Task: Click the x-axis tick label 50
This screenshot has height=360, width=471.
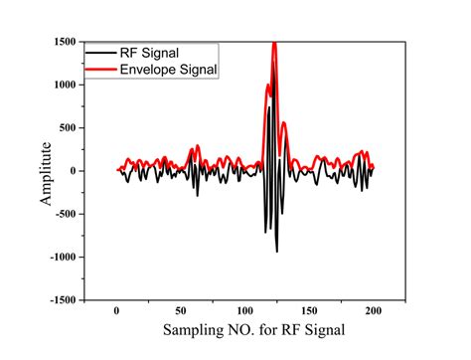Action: [x=180, y=310]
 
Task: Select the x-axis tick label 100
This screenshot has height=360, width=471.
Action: [x=244, y=310]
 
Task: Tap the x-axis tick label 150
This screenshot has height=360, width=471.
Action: [x=309, y=310]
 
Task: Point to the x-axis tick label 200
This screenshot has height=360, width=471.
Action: [x=374, y=310]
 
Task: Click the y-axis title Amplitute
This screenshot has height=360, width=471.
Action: [x=46, y=171]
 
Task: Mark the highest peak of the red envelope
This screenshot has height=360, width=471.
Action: [x=274, y=44]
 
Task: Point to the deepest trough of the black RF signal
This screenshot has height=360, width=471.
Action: [x=276, y=251]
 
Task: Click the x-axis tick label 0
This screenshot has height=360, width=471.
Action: [x=116, y=310]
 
